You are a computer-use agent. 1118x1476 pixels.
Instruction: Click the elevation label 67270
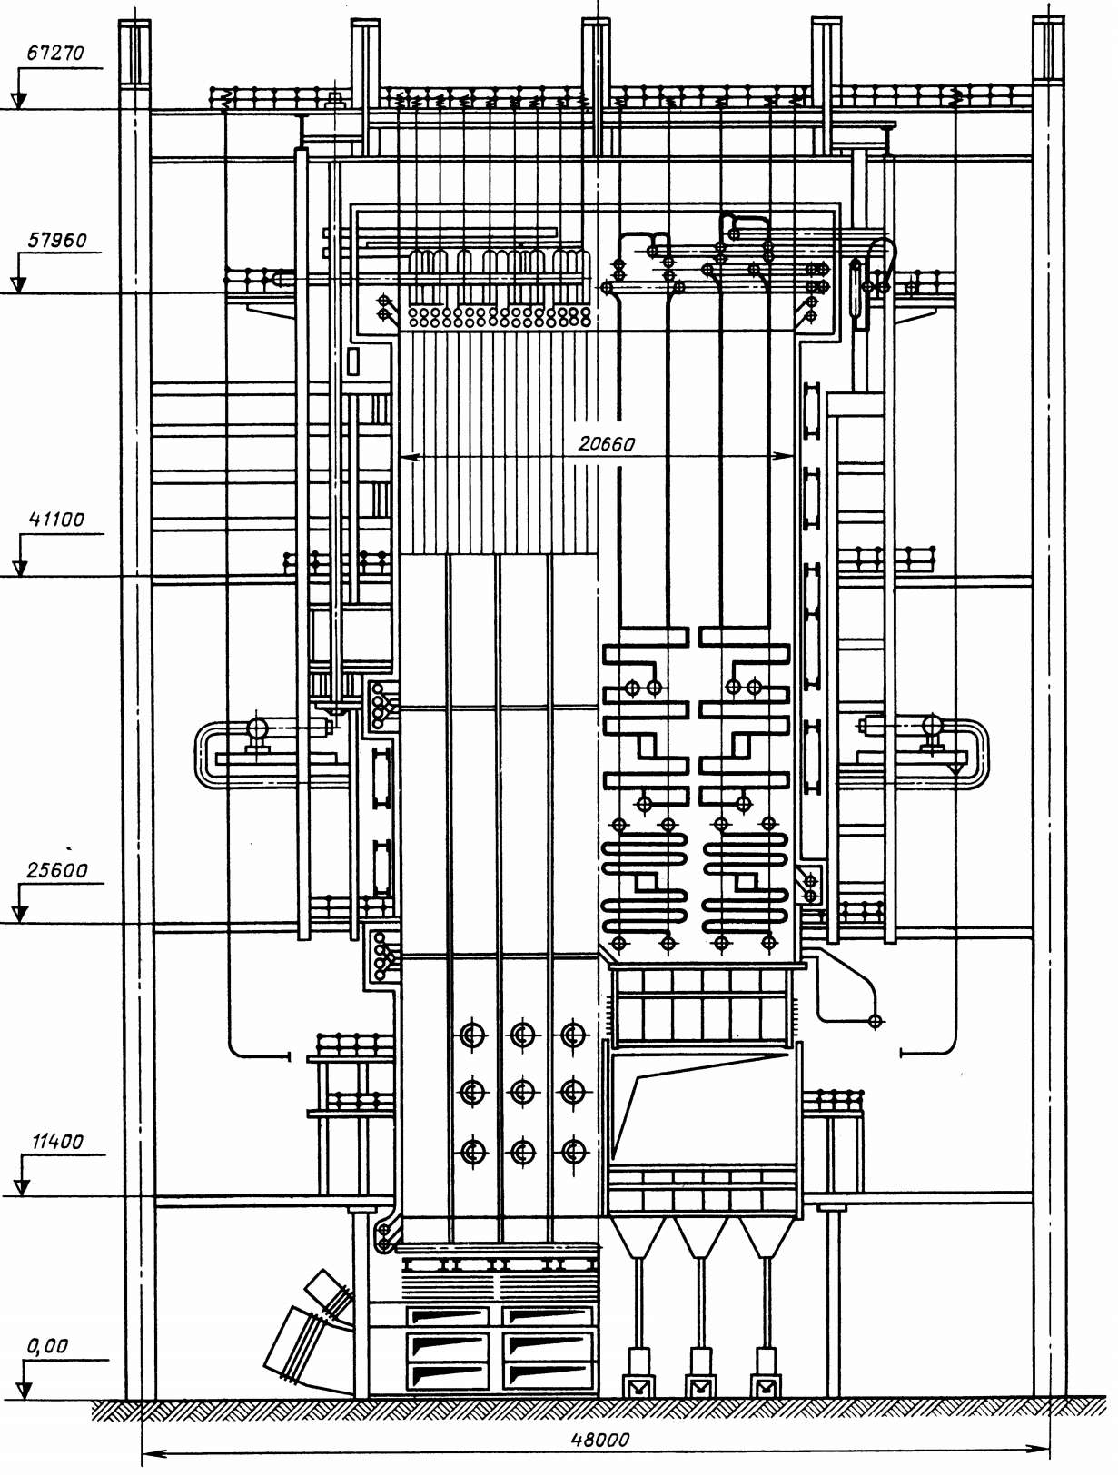pyautogui.click(x=55, y=53)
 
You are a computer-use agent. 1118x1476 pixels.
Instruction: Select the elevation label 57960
pyautogui.click(x=57, y=241)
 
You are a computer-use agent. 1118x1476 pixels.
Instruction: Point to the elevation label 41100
pyautogui.click(x=56, y=520)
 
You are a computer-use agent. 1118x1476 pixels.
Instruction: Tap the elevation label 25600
pyautogui.click(x=57, y=870)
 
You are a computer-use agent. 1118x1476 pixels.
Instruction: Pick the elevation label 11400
pyautogui.click(x=57, y=1142)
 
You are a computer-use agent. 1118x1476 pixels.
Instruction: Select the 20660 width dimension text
pyautogui.click(x=607, y=444)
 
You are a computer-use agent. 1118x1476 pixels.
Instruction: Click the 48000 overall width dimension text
pyautogui.click(x=599, y=1440)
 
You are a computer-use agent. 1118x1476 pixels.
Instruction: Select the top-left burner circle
pyautogui.click(x=472, y=1035)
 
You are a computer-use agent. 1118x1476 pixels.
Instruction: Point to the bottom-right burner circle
pyautogui.click(x=572, y=1153)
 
